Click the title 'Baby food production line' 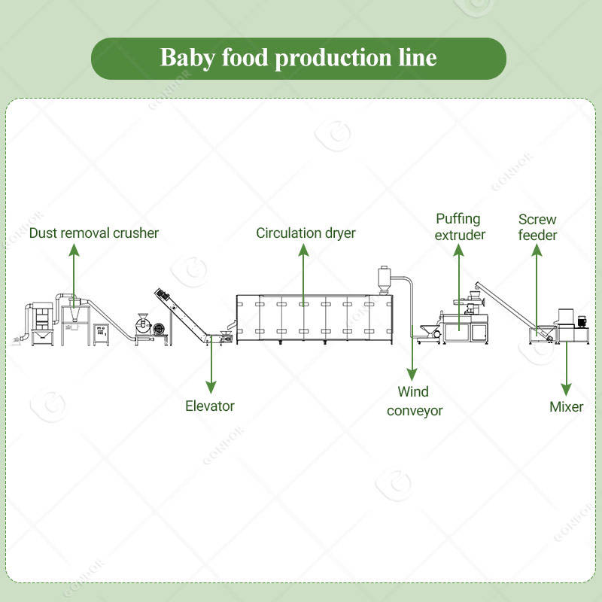299,59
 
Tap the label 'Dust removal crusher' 94,233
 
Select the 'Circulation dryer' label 306,233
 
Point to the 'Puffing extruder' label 461,227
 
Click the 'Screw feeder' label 537,227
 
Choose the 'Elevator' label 210,406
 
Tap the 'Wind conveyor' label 414,401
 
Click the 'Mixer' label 566,407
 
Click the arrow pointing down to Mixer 566,369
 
